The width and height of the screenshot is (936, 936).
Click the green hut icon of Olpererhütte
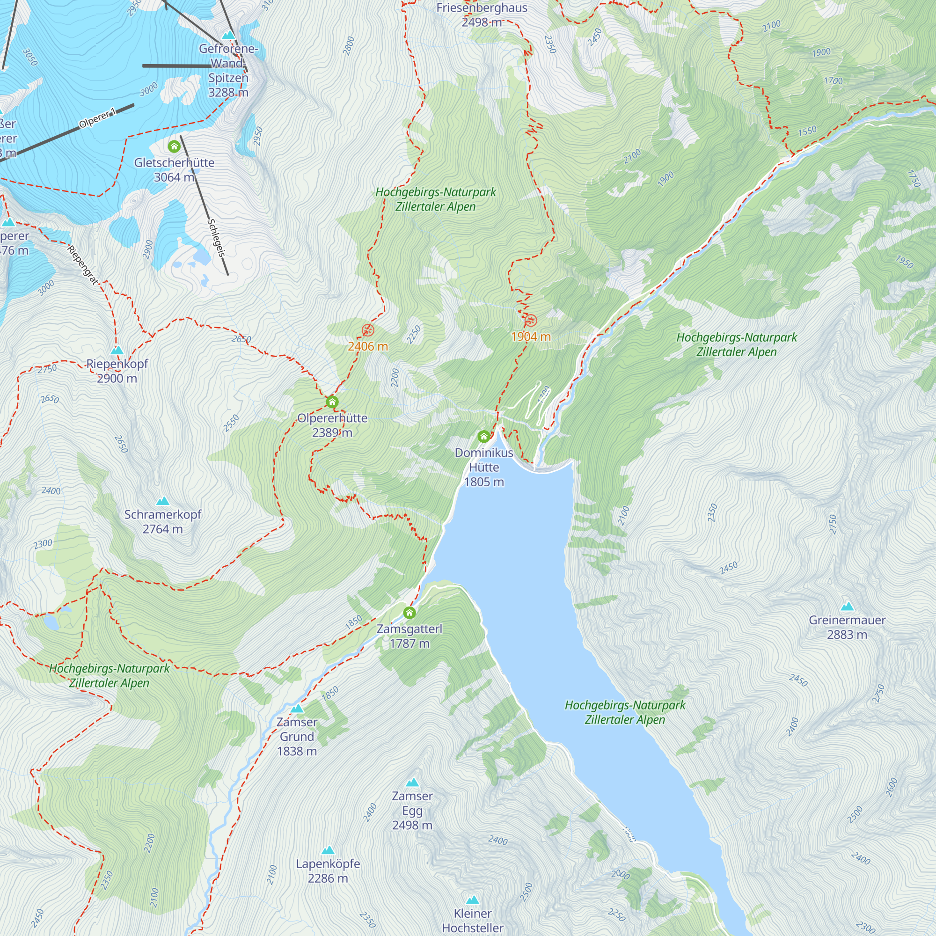click(332, 402)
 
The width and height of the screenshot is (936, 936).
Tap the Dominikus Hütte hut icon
click(483, 437)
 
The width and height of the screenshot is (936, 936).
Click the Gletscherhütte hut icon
click(174, 146)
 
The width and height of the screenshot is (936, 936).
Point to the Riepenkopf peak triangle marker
click(117, 350)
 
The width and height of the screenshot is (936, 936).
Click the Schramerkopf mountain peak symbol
click(163, 501)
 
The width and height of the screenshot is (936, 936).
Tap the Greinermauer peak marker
click(847, 607)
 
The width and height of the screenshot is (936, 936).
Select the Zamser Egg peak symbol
click(412, 782)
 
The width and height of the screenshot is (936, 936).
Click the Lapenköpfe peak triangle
click(328, 850)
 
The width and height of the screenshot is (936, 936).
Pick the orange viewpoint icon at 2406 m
click(368, 330)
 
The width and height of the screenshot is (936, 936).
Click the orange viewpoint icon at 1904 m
click(531, 320)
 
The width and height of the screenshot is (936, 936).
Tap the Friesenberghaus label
click(482, 8)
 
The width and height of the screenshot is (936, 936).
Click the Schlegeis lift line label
click(217, 238)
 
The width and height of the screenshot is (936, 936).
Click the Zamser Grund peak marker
click(297, 709)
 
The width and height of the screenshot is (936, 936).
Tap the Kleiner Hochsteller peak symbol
click(472, 900)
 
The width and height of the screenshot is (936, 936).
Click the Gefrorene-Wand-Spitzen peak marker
click(228, 36)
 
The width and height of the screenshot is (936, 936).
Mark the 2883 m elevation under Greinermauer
click(847, 635)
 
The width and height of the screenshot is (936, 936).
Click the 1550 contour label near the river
click(807, 131)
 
